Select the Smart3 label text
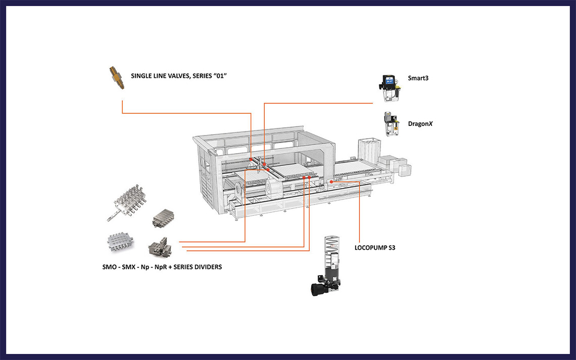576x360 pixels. pos(418,78)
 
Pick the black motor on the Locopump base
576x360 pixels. pos(320,288)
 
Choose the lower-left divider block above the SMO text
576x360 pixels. pos(122,243)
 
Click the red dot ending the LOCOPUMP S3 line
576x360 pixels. pos(331,181)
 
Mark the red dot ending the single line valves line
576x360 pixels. pos(251,159)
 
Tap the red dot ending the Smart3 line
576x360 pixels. pos(264,164)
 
